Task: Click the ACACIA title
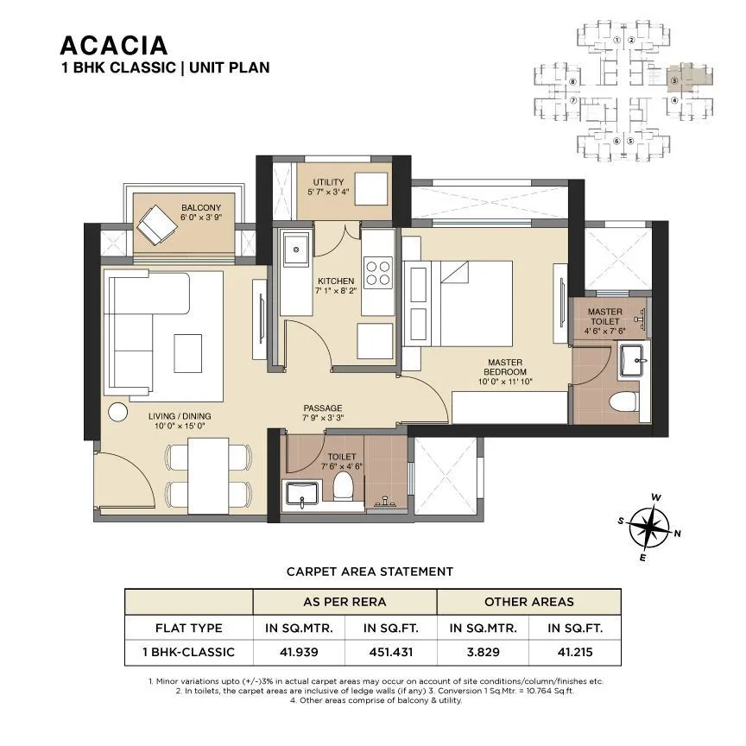pos(113,44)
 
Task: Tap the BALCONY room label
pos(200,207)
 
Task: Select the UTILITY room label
pos(328,182)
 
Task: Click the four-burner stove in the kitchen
pos(378,273)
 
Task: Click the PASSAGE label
pos(322,408)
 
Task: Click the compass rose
pos(648,527)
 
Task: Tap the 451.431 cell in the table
pos(390,652)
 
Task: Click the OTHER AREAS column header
pos(528,602)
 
